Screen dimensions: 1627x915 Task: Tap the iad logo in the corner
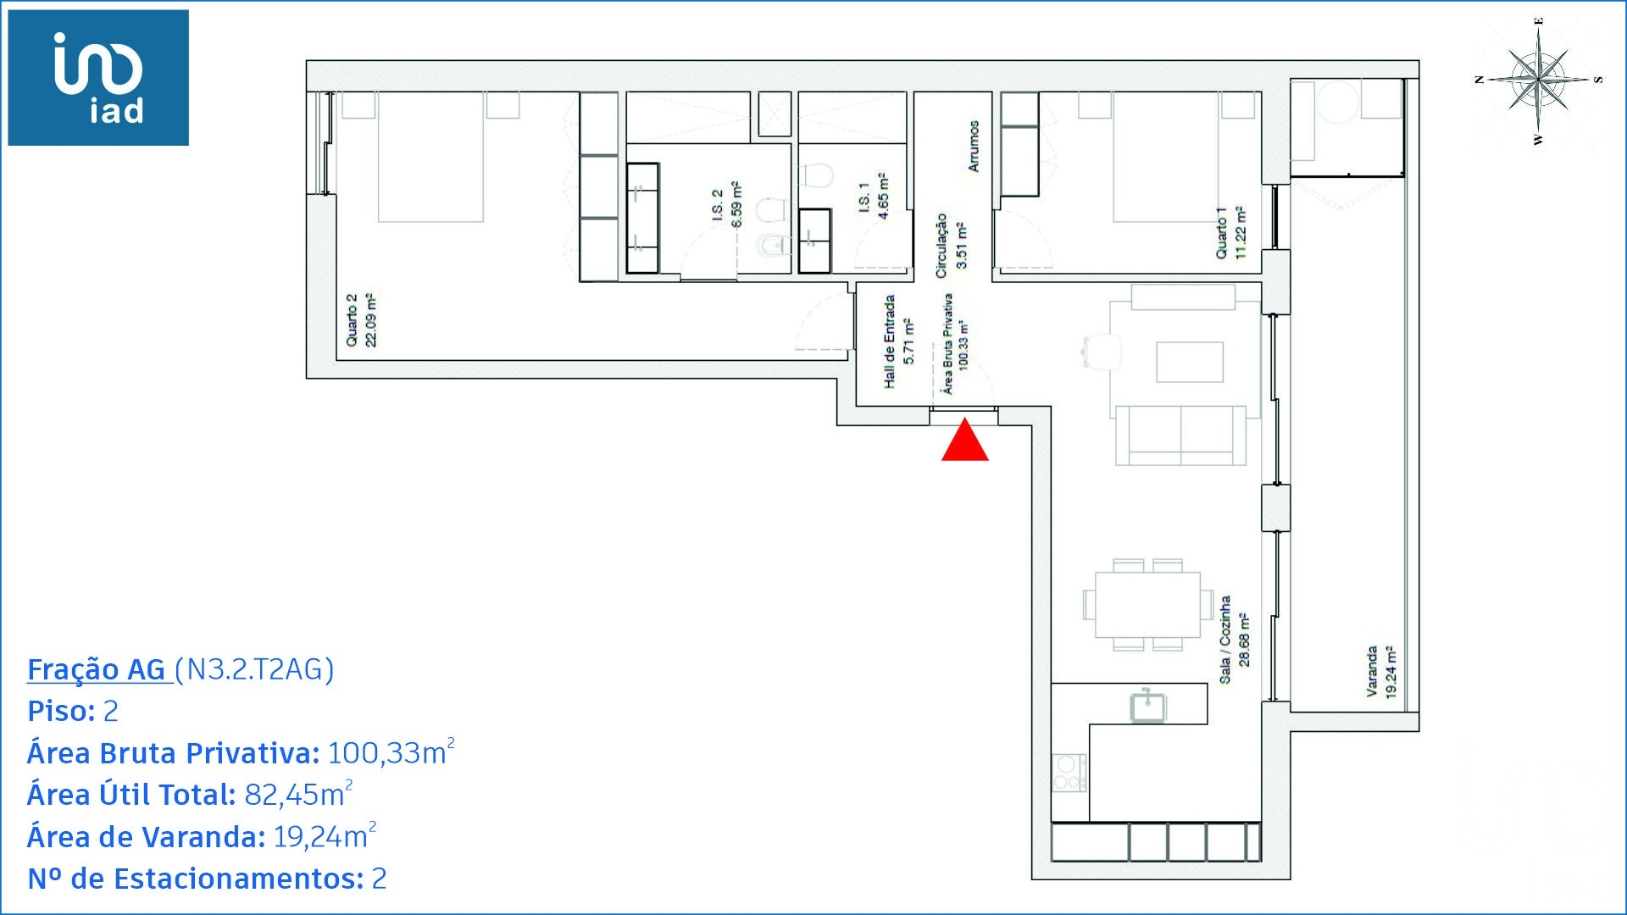point(98,78)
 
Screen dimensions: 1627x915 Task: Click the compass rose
point(1538,80)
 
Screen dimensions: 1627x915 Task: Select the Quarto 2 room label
point(361,319)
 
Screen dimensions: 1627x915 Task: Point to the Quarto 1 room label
point(1230,232)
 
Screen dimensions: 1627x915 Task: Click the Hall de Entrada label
point(898,341)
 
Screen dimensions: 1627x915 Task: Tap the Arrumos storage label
point(974,146)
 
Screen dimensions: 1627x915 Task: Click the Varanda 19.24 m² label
point(1380,672)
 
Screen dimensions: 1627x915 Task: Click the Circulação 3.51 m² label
point(950,245)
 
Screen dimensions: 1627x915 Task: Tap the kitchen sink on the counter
point(1148,705)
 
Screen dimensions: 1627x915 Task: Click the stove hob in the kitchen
point(1069,772)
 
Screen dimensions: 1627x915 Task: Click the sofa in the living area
point(1181,435)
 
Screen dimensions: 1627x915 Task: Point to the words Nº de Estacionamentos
point(195,879)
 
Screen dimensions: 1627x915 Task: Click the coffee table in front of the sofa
point(1190,362)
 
